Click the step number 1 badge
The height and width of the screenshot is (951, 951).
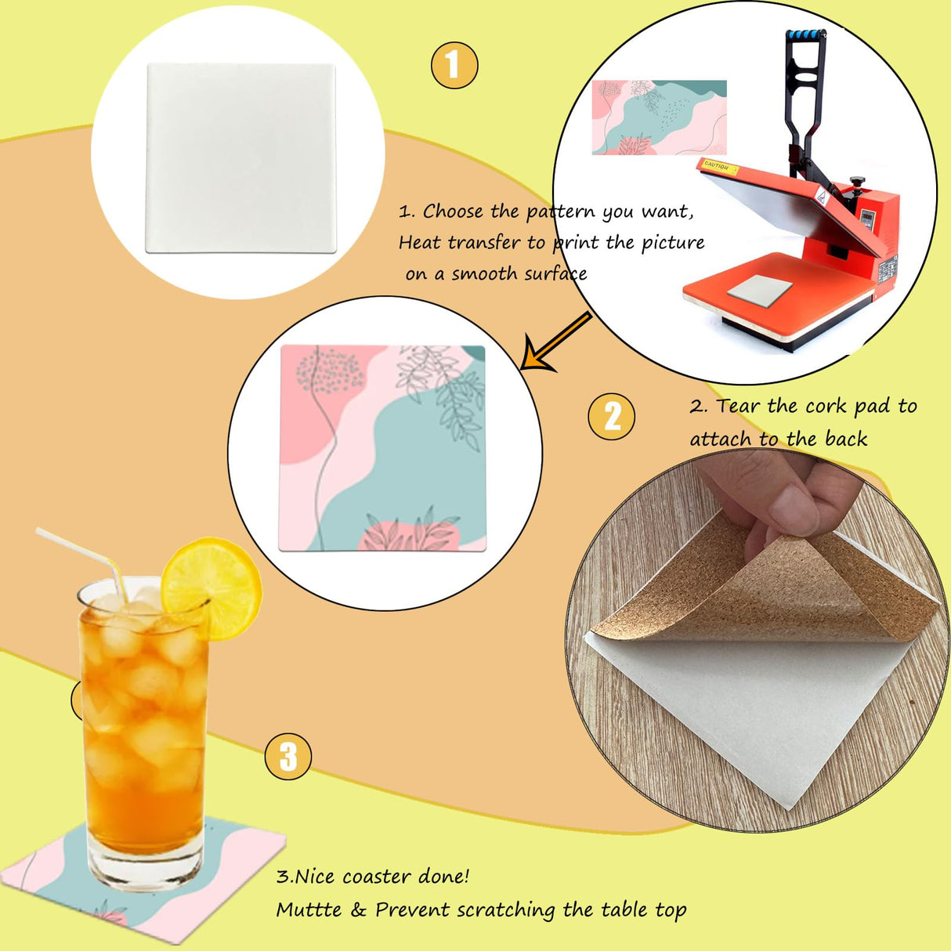pos(454,65)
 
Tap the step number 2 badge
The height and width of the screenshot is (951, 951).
pos(612,416)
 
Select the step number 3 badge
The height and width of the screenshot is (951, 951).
pos(288,756)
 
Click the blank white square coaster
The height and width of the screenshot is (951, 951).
pos(241,158)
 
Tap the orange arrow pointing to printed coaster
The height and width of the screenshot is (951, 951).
pos(556,342)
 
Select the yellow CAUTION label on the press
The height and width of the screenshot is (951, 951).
pos(718,166)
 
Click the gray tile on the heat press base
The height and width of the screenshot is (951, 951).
pos(759,290)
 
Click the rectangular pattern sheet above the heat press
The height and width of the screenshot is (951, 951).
pos(659,118)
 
